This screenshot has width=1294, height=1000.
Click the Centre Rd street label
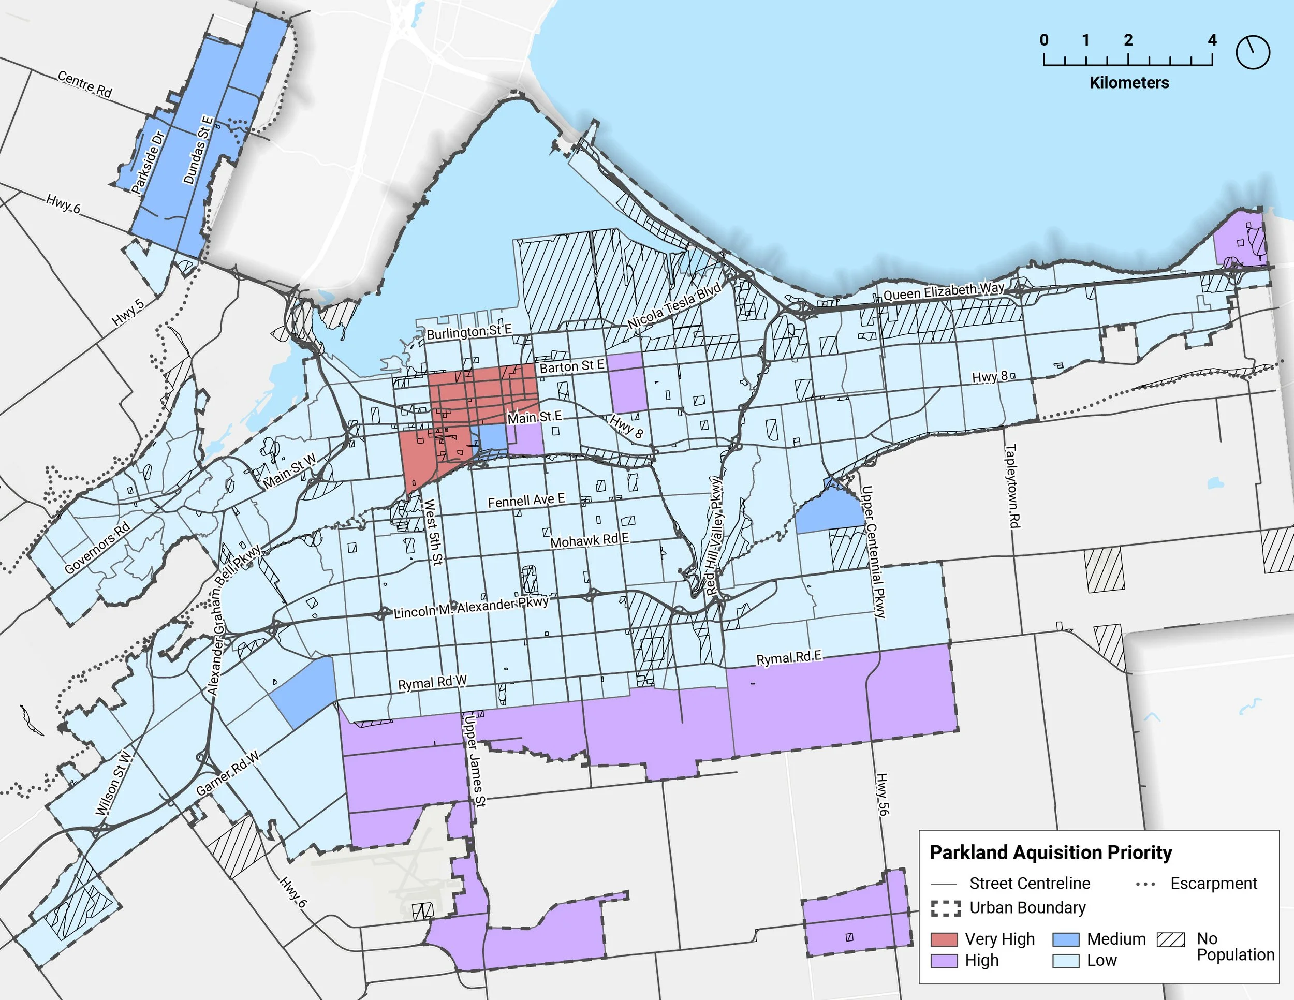(x=85, y=84)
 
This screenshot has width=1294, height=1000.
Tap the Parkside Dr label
(x=148, y=163)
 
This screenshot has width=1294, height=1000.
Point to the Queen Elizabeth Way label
(x=943, y=291)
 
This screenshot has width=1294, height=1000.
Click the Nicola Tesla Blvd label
(x=674, y=306)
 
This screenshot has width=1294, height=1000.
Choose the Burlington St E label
(x=468, y=332)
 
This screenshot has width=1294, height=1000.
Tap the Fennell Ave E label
(x=526, y=501)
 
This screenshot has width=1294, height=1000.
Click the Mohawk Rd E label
(x=590, y=540)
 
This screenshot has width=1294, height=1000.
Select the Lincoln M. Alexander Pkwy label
(x=471, y=608)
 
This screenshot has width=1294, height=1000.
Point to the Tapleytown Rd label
(x=1011, y=486)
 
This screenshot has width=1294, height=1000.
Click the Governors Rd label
(x=97, y=549)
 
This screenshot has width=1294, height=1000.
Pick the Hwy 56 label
(x=883, y=794)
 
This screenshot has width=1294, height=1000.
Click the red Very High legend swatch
(x=944, y=939)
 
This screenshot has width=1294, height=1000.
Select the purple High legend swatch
(x=944, y=960)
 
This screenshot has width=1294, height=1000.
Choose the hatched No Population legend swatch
(x=1171, y=939)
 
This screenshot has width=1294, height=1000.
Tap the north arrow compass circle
(x=1253, y=52)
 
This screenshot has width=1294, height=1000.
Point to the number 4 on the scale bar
(x=1212, y=40)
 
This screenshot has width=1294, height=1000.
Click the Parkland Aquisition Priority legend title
(x=1051, y=852)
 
